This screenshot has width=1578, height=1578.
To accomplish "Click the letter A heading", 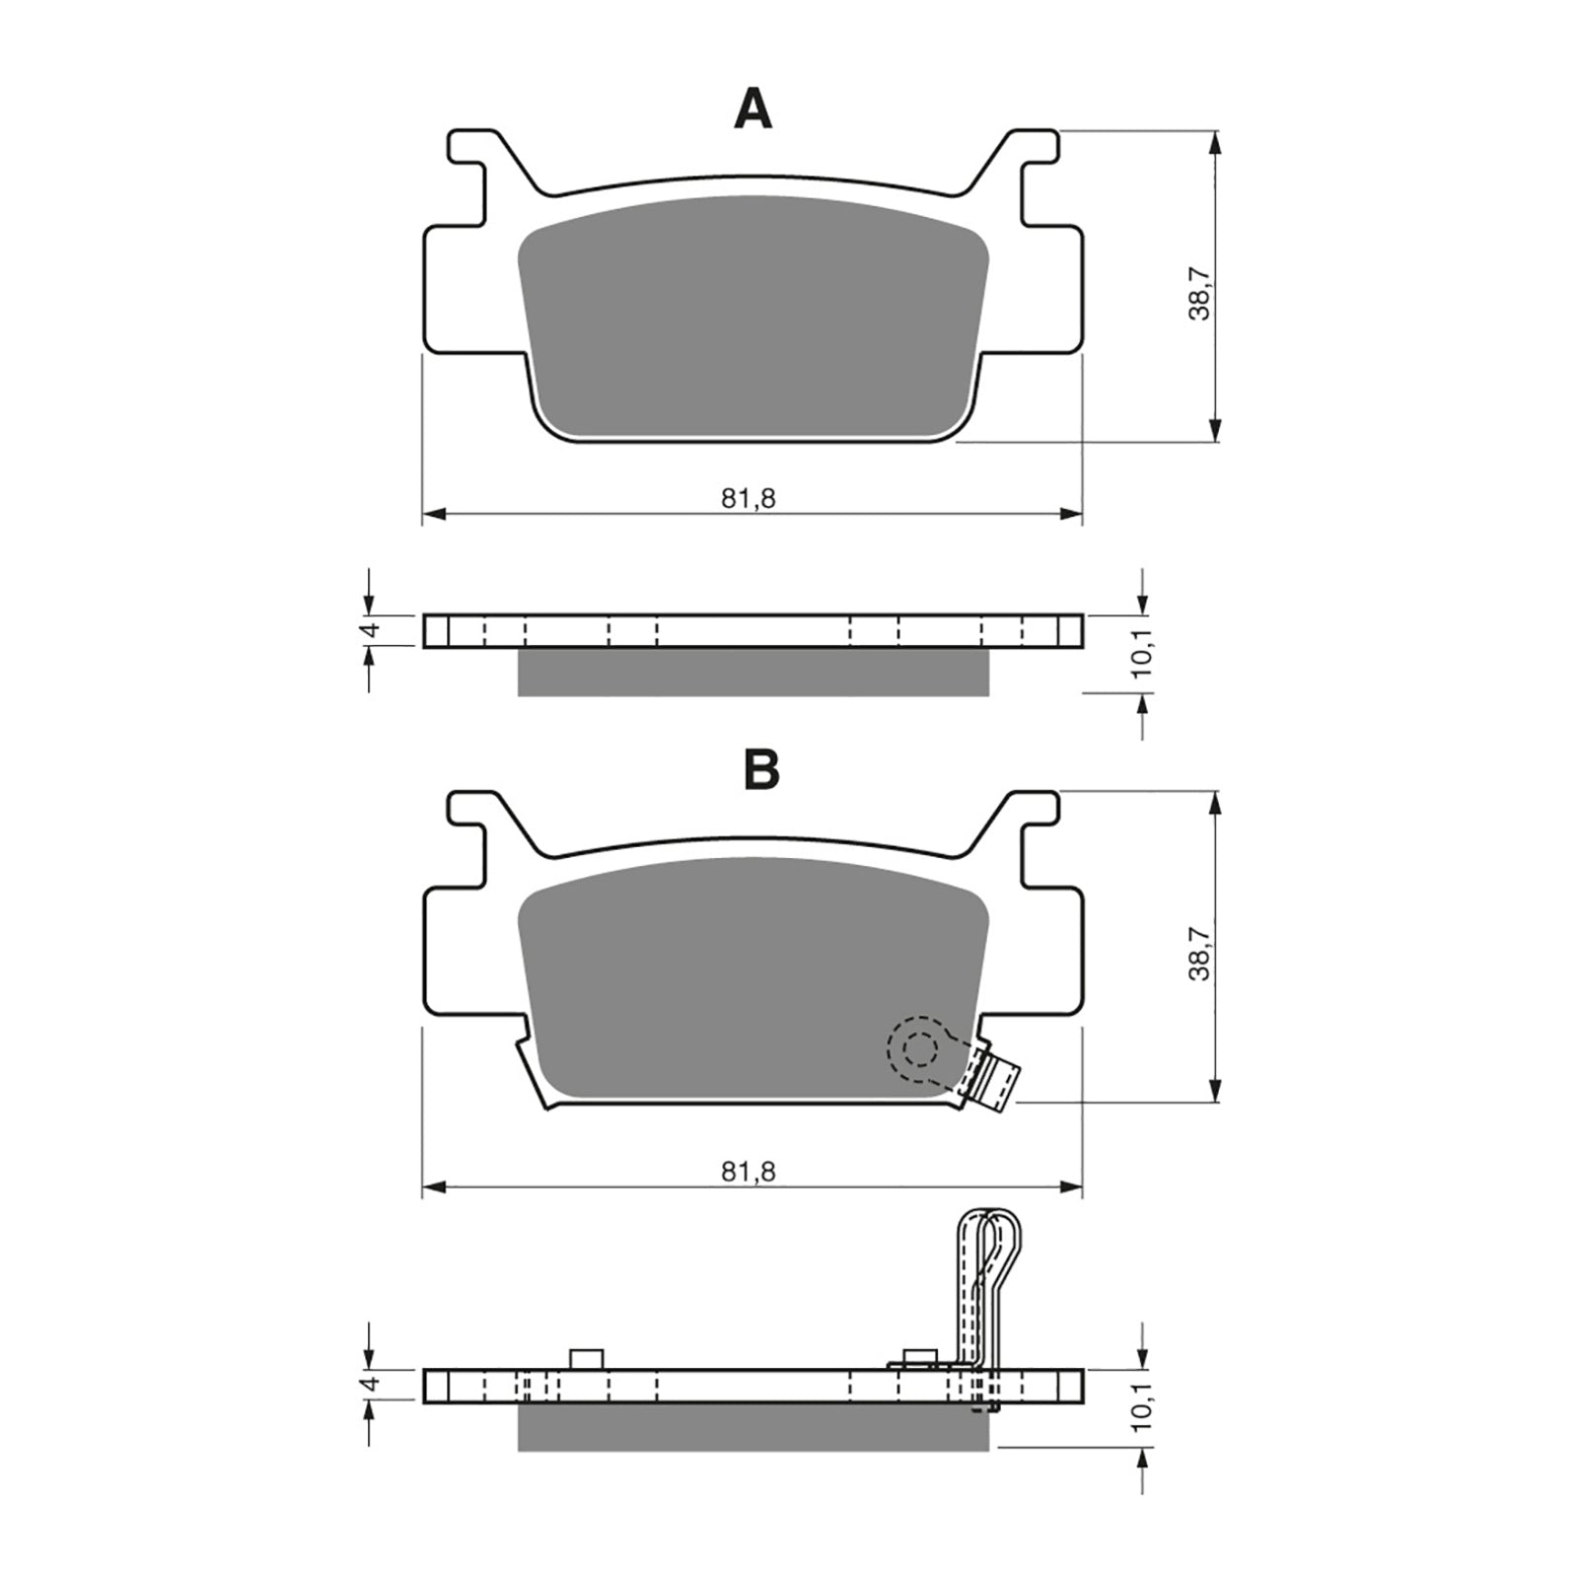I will pyautogui.click(x=753, y=109).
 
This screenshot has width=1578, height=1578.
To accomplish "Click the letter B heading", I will pyautogui.click(x=761, y=770).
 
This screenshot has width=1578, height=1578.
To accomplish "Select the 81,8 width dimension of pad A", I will pyautogui.click(x=748, y=499).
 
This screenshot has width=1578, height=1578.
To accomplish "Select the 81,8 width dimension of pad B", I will pyautogui.click(x=748, y=1171).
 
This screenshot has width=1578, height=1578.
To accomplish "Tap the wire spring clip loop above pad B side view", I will pyautogui.click(x=989, y=1253).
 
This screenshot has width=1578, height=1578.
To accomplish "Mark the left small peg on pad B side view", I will pyautogui.click(x=586, y=1358).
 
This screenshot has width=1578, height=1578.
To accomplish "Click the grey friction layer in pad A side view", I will pyautogui.click(x=753, y=673).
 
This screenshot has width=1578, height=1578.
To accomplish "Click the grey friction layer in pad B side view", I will pyautogui.click(x=753, y=1428).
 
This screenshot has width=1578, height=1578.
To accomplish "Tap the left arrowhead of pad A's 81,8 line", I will pyautogui.click(x=434, y=514).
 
